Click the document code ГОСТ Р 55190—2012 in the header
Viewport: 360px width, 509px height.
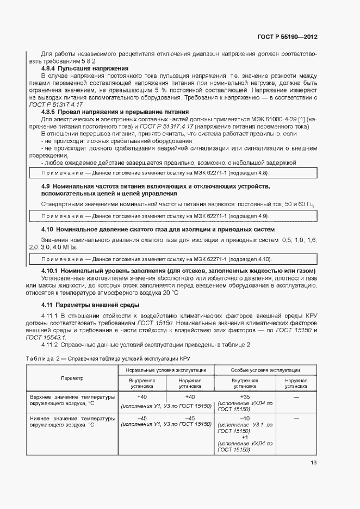[287, 37]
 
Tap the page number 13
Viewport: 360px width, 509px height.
[314, 463]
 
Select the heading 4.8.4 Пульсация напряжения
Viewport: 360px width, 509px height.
[85, 69]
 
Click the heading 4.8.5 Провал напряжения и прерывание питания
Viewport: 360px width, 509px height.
[115, 111]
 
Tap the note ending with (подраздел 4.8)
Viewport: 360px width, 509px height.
[173, 172]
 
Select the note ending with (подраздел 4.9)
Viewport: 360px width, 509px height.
[173, 216]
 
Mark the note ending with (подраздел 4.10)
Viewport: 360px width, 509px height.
[173, 259]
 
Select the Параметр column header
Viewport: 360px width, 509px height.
[72, 378]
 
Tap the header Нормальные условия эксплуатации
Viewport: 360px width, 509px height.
[166, 370]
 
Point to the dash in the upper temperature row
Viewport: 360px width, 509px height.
[296, 397]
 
